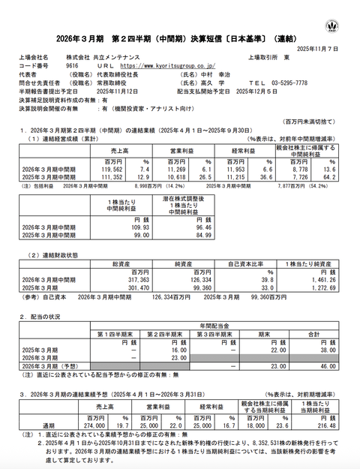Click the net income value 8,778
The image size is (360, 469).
(298, 170)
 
